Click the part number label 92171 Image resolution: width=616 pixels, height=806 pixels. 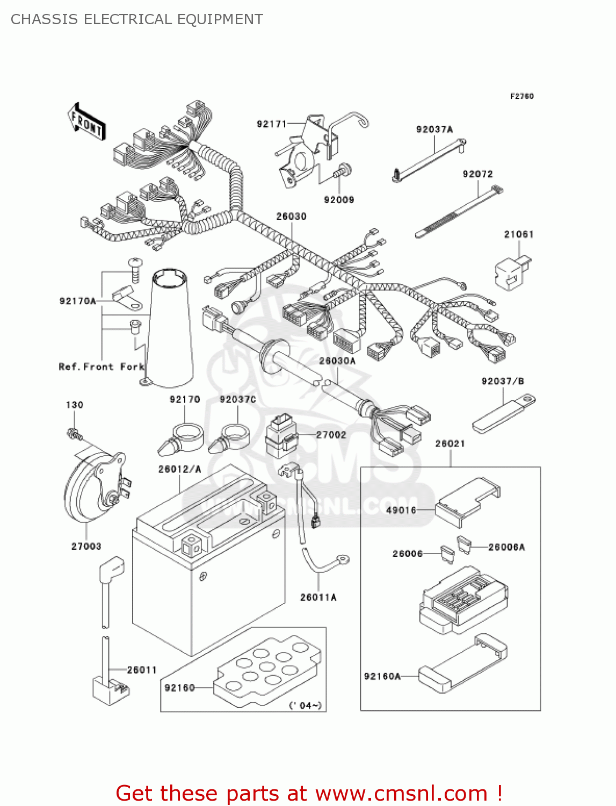tap(272, 124)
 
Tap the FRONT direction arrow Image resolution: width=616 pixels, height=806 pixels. tap(86, 122)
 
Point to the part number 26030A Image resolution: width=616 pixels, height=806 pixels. tap(337, 361)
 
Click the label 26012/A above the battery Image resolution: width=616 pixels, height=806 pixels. tap(179, 469)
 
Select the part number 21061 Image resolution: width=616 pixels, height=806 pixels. tap(518, 234)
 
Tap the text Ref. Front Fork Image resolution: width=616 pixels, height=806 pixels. tap(102, 366)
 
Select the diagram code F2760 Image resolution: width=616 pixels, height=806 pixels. tap(521, 96)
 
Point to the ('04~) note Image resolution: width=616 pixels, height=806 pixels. tap(305, 704)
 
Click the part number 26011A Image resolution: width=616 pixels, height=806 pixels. tap(318, 597)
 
